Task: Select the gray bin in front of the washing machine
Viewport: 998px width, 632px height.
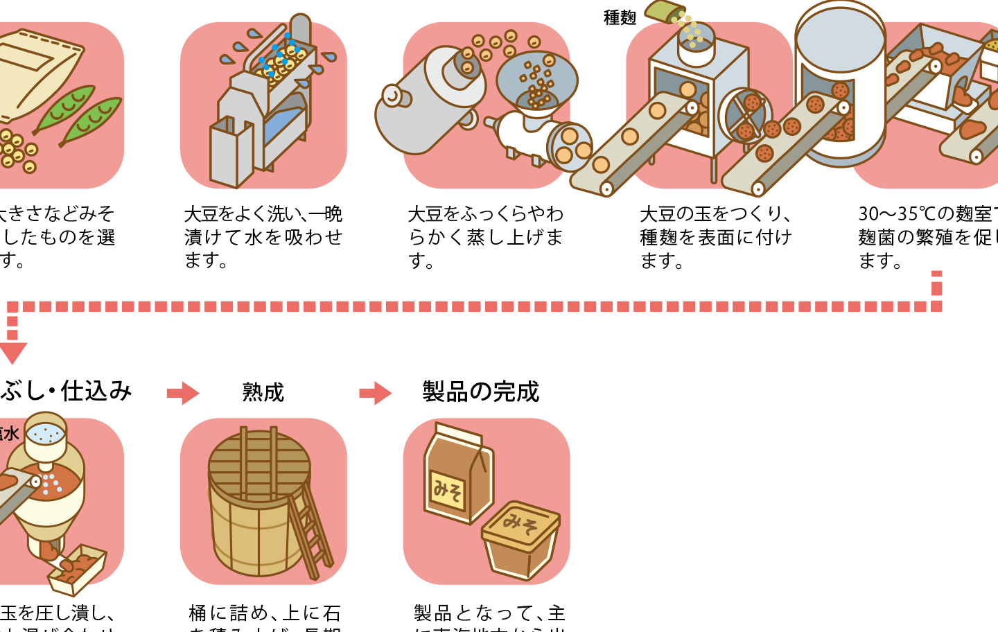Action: pos(231,152)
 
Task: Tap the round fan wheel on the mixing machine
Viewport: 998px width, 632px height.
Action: pos(746,115)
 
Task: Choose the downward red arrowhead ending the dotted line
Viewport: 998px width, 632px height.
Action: pos(12,352)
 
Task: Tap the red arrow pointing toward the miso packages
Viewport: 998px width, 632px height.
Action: pos(376,393)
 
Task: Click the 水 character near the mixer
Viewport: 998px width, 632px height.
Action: pos(10,434)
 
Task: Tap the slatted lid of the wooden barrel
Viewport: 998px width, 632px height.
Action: pos(259,464)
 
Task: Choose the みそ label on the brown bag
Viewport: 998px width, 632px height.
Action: pos(448,491)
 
